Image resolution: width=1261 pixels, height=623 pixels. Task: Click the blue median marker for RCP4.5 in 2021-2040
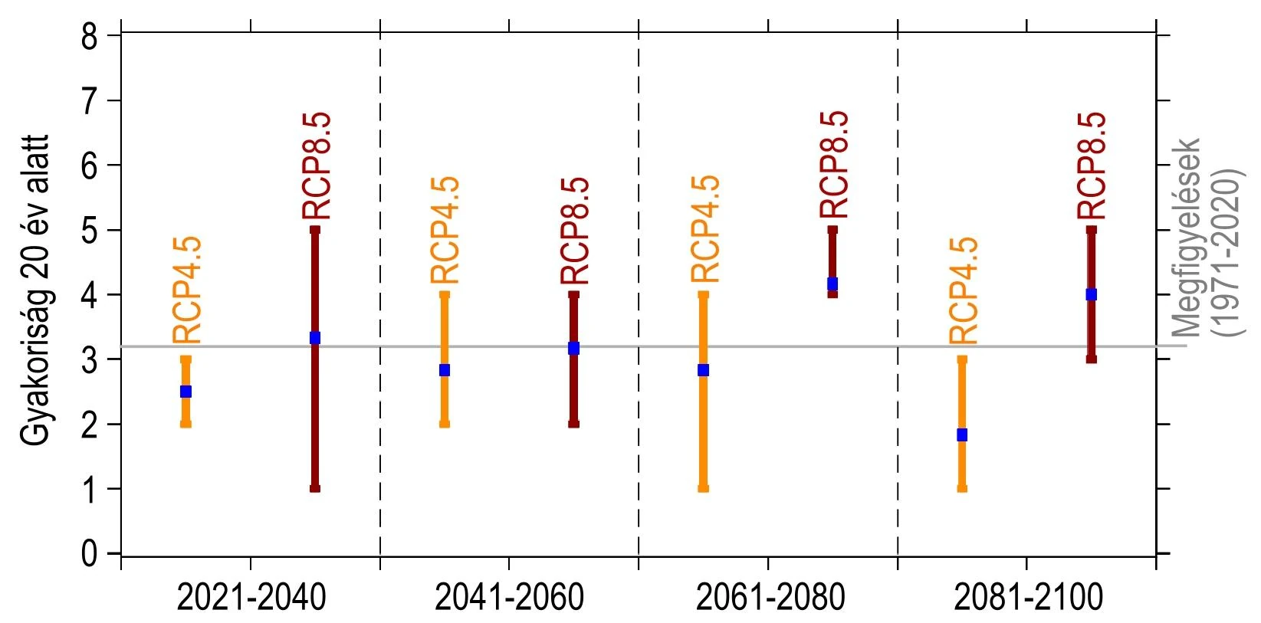pos(186,392)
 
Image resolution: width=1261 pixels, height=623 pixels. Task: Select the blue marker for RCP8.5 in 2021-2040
pos(314,338)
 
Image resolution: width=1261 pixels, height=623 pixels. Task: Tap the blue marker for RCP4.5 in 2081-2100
pos(962,434)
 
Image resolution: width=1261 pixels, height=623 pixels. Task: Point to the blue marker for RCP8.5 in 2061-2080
pos(832,284)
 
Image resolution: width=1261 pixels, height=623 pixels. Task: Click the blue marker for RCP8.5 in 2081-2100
pos(1092,294)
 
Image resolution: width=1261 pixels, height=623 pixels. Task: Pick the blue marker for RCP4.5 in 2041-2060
pos(445,370)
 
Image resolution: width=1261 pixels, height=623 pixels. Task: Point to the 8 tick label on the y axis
pos(90,37)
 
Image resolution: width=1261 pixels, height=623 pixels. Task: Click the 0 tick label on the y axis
pos(90,553)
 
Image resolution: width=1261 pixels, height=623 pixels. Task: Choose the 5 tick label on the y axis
pos(90,231)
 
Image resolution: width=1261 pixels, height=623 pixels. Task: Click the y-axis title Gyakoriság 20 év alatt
pos(35,291)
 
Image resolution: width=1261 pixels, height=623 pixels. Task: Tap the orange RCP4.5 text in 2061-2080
pos(704,229)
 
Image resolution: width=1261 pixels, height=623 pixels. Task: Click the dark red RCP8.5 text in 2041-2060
pos(575,231)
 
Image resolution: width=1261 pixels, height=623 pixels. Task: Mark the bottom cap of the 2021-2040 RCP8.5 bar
pos(314,488)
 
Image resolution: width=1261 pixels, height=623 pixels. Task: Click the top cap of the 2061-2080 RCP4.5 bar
pos(704,294)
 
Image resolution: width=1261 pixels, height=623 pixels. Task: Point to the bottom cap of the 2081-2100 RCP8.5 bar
pos(1092,359)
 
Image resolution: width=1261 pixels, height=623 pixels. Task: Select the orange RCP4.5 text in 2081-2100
pos(964,291)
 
